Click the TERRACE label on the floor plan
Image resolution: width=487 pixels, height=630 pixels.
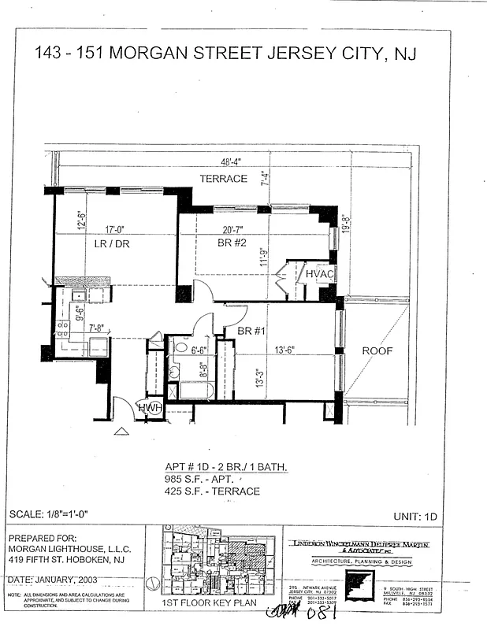pyautogui.click(x=223, y=179)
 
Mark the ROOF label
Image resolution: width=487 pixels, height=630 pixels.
pyautogui.click(x=376, y=352)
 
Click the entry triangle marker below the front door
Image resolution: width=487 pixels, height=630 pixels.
pyautogui.click(x=121, y=431)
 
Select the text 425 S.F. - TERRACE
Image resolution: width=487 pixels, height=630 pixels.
pyautogui.click(x=212, y=491)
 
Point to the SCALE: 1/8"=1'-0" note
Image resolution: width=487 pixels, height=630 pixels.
pyautogui.click(x=53, y=515)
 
